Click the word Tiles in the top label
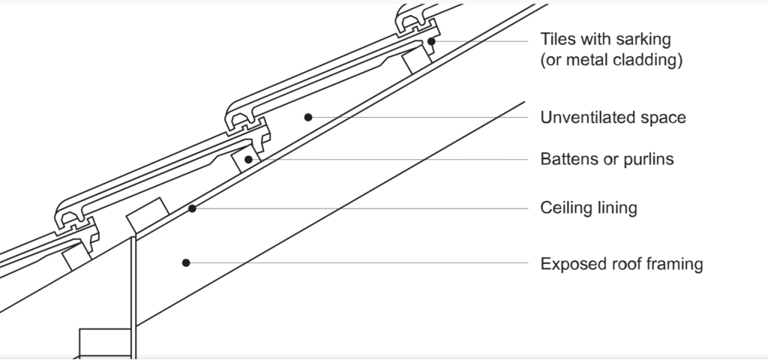[559, 38]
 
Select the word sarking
[643, 38]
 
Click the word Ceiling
[566, 208]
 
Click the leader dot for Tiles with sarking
[433, 40]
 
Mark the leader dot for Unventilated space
[307, 117]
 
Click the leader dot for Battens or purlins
[247, 160]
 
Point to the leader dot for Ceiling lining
[193, 208]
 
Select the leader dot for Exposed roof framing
[185, 262]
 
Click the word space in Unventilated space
[666, 118]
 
